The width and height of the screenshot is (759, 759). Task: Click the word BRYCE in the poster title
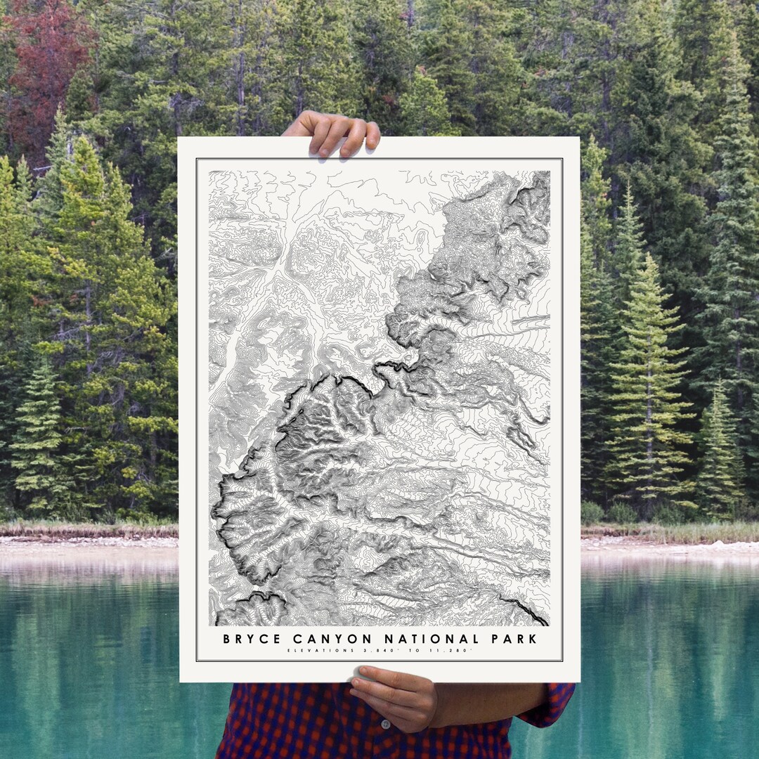tap(251, 639)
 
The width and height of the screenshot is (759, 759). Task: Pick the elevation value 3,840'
tap(368, 651)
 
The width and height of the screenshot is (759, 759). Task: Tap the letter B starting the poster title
tap(227, 639)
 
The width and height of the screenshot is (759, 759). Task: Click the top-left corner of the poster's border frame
tap(197, 160)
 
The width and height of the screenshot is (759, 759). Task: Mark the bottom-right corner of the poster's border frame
tap(562, 661)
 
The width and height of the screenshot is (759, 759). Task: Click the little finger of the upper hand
tap(372, 134)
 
